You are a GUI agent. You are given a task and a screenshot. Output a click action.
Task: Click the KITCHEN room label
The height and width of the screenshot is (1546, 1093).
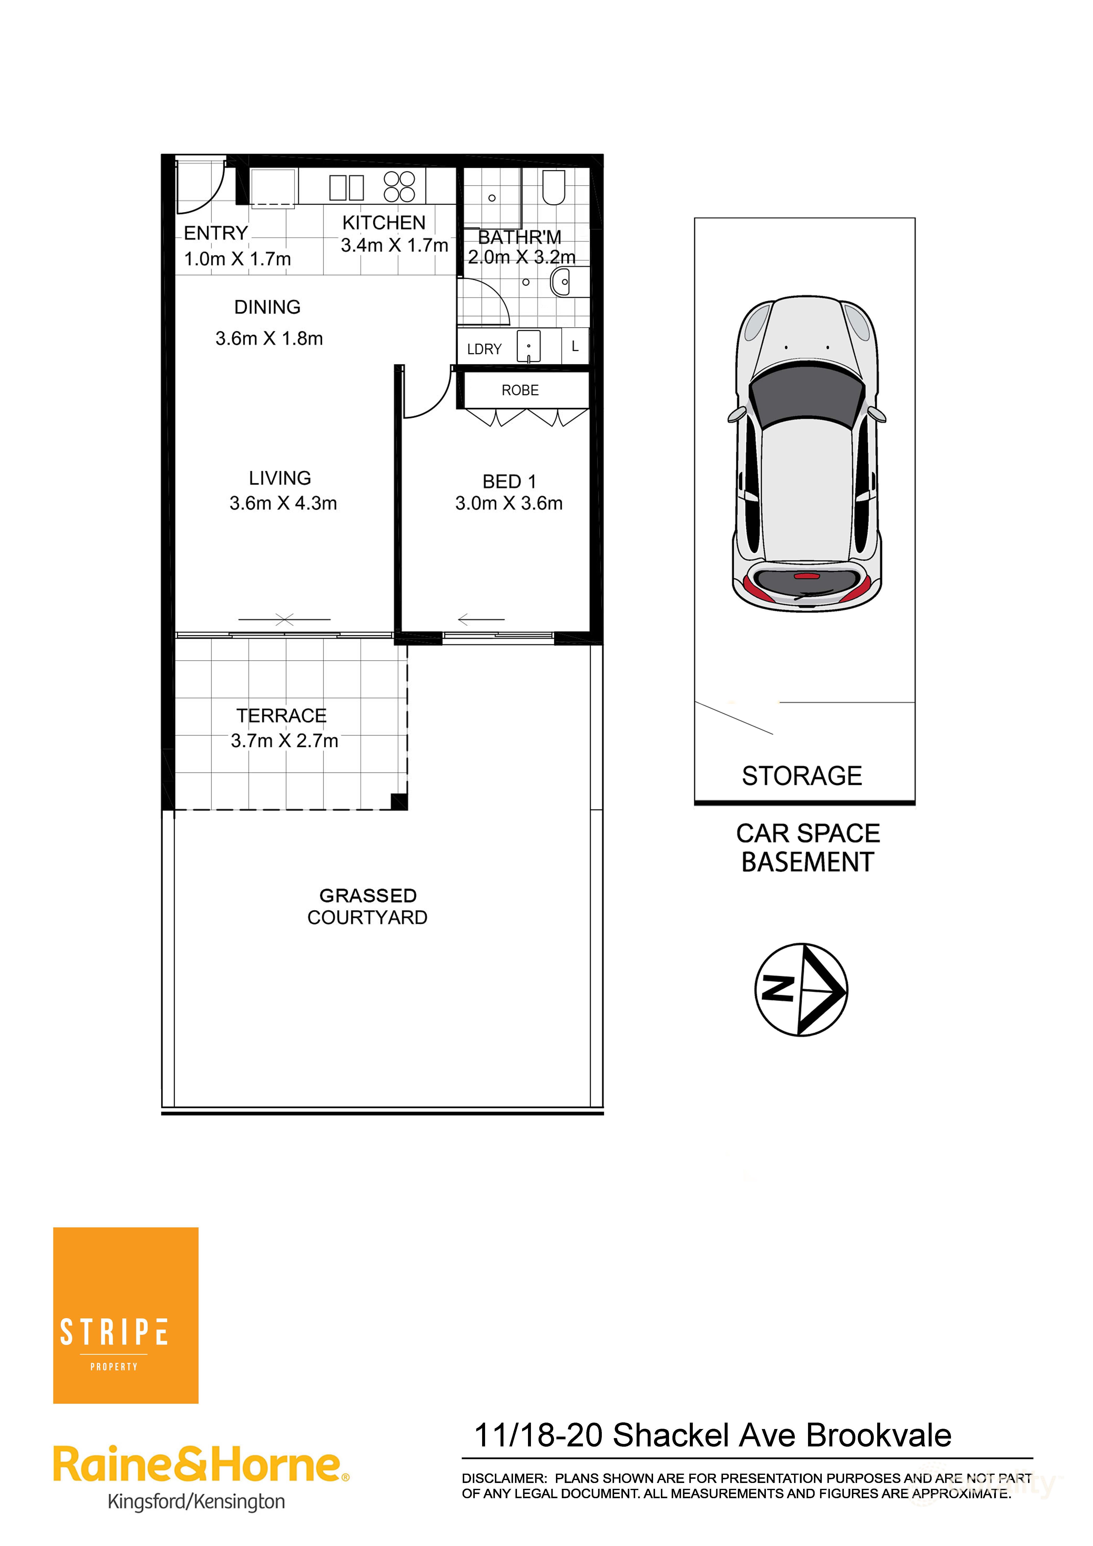coord(384,223)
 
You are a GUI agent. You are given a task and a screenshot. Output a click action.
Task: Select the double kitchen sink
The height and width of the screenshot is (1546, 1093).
coord(347,188)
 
